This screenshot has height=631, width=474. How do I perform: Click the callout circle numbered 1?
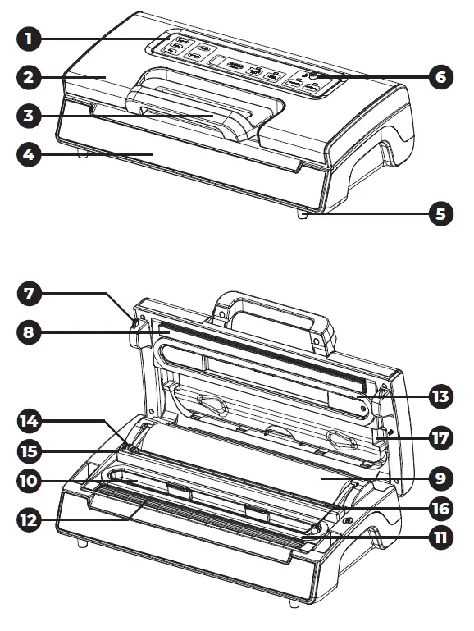tap(29, 38)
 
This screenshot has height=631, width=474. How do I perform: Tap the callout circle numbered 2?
tap(29, 78)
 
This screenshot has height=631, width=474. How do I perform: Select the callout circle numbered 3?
tap(29, 115)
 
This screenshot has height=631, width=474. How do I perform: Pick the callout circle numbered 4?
tap(29, 153)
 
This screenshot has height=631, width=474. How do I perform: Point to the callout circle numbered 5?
tap(441, 214)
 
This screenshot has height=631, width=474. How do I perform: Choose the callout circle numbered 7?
tap(29, 293)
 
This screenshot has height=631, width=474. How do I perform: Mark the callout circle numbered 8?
tap(29, 332)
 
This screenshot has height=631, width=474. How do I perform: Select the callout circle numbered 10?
tap(29, 480)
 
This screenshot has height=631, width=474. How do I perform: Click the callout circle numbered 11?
tap(441, 539)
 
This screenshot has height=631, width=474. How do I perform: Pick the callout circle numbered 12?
tap(29, 519)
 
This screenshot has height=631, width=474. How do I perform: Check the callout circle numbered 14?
tap(29, 421)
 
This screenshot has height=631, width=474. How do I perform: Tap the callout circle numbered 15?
tap(29, 450)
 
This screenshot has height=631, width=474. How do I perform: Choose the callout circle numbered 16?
tap(441, 508)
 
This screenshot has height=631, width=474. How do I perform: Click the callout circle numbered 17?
tap(441, 437)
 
